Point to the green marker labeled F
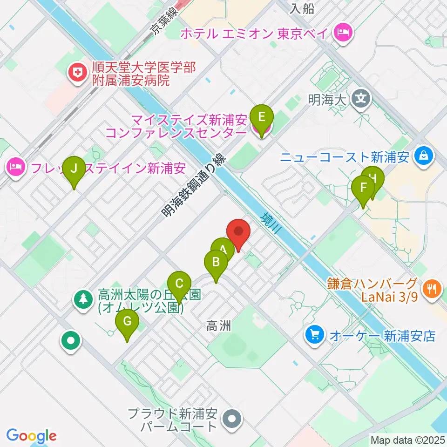pos(363,188)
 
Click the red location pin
pos(238,232)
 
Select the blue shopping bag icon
pos(424,156)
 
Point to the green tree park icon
pos(83,299)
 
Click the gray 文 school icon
pos(361,99)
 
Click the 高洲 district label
pos(218,326)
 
